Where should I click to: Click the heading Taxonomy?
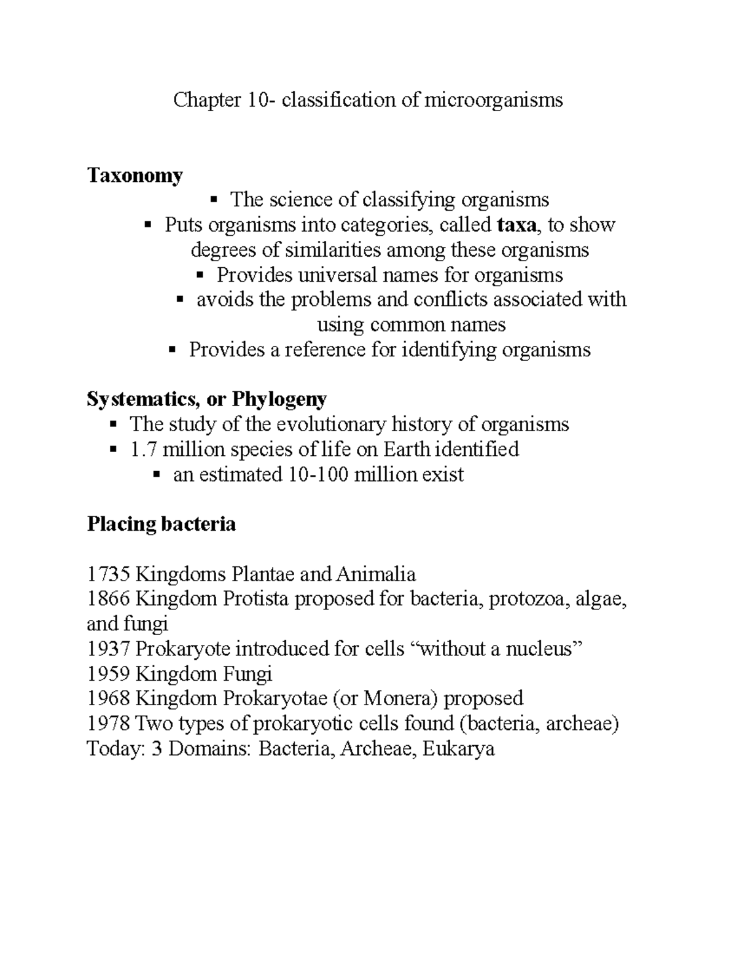coord(135,176)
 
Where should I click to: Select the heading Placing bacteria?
coord(162,524)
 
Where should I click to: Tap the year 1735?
coord(108,574)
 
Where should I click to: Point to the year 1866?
coord(108,599)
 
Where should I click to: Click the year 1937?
coord(108,649)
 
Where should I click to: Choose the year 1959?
coord(108,674)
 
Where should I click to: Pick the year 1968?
coord(108,698)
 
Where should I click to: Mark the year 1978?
coord(108,724)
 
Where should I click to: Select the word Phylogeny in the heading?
coord(279,399)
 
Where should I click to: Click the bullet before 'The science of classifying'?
coord(214,199)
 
